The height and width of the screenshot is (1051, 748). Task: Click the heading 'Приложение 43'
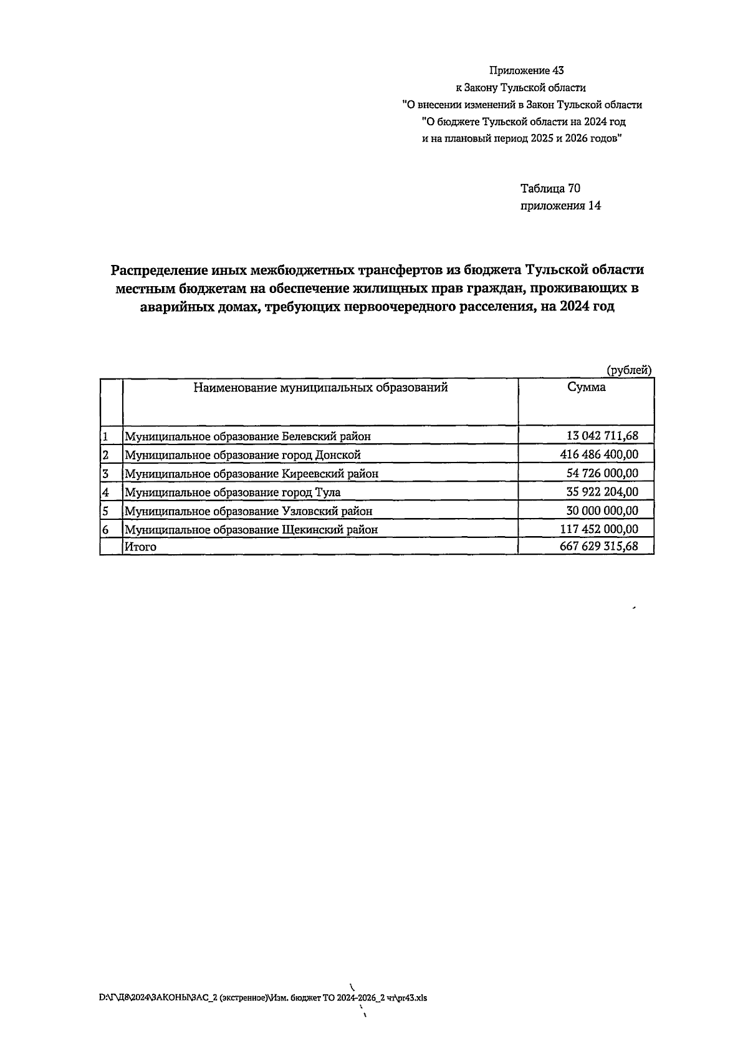point(522,70)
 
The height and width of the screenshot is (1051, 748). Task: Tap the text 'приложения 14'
point(560,206)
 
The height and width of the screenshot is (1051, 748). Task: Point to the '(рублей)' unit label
point(629,370)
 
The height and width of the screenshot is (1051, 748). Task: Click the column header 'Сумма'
point(586,387)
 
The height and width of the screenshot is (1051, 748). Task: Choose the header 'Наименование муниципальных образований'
point(320,388)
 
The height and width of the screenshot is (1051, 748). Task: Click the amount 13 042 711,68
point(602,436)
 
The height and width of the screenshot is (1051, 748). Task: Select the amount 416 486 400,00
point(599,454)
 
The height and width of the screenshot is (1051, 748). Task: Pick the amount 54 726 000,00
point(602,473)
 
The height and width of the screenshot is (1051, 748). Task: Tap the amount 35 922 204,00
point(602,492)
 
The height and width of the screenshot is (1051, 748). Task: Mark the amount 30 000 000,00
point(602,511)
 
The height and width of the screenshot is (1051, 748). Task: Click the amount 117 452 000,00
point(599,529)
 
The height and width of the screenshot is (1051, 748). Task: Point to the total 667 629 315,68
point(599,547)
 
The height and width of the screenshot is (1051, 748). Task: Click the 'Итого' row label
point(141,547)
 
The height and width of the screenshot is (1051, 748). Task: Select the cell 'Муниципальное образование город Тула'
point(233,492)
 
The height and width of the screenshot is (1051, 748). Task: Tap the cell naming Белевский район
point(248,436)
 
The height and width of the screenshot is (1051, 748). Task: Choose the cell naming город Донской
point(243,455)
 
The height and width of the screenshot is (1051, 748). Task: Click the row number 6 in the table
point(106,530)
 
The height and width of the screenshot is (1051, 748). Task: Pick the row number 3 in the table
point(106,474)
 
